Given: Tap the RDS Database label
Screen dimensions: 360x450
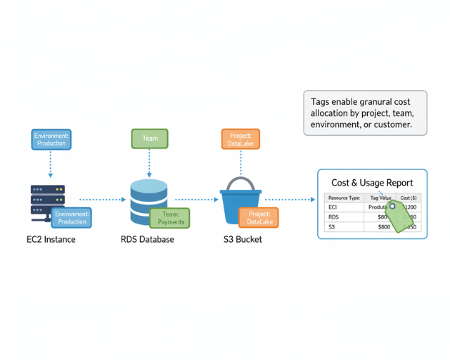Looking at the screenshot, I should tap(148, 240).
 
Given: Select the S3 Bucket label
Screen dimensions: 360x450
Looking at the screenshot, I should tap(243, 240).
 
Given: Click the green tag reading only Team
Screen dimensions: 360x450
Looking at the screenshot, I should tap(150, 139).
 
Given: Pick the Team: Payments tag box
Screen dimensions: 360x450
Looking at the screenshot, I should tap(169, 218).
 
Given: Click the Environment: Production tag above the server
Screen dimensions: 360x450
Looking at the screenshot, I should tap(51, 139).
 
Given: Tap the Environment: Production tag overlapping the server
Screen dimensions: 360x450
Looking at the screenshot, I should tap(72, 218).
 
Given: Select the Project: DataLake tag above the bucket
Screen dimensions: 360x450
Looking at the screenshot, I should tap(241, 139).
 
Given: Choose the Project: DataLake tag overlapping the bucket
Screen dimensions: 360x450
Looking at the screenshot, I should tap(258, 218).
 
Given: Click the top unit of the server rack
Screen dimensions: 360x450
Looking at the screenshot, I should tap(48, 189).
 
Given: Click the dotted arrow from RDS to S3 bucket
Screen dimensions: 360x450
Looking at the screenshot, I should tap(197, 200).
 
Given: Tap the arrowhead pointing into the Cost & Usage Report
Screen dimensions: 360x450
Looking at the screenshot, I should tap(313, 200).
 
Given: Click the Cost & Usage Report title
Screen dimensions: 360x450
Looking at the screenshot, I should tap(372, 183).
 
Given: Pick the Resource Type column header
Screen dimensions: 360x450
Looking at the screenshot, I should tap(344, 198).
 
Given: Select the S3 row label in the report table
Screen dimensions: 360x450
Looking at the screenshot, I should tap(332, 227).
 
